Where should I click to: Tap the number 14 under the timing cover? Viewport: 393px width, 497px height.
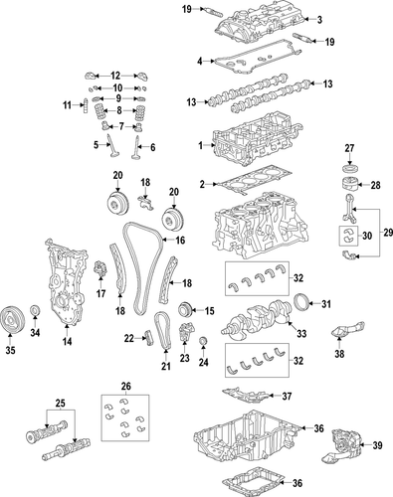coord(67,343)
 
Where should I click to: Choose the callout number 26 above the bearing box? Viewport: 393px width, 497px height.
coord(125,387)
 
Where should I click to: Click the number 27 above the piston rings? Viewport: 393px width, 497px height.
coord(349,149)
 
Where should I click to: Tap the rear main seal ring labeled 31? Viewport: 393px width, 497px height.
coord(304,303)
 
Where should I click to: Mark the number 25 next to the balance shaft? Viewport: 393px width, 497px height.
coord(61,406)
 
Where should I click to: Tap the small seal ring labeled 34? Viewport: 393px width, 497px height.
coord(37,315)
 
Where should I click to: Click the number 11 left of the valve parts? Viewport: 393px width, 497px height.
coord(69,105)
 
